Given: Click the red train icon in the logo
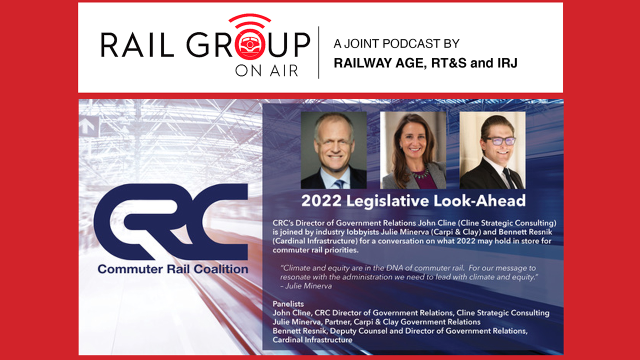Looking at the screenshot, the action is point(249,44).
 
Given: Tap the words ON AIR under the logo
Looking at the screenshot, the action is point(266,71).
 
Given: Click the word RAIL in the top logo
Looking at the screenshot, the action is point(137,44).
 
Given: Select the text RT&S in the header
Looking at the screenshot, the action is point(448,63).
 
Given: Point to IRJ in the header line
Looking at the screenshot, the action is point(507,63).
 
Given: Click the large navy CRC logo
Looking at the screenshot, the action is point(170,221).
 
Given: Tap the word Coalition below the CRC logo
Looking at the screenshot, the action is point(221,269).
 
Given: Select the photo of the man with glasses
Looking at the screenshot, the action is point(492,150).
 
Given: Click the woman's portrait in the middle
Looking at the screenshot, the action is point(413,150).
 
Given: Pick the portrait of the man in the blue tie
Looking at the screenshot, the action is point(333,150).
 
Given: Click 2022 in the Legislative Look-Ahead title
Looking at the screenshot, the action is point(321,200).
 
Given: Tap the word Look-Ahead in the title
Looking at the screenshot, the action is point(479,200).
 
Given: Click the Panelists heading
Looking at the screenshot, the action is point(288,303).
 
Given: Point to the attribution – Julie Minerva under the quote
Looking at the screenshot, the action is point(306,286).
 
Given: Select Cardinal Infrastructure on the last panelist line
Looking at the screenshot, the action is point(312,340).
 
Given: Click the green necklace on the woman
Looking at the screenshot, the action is point(420,173).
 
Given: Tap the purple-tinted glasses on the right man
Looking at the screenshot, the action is point(500,141).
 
